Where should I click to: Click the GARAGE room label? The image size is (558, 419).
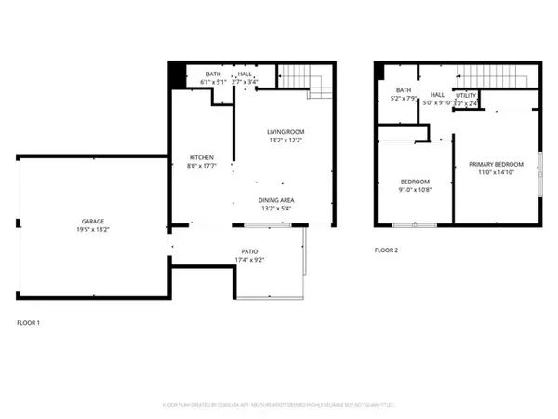tap(91, 222)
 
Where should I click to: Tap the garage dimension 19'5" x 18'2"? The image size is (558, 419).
tap(91, 230)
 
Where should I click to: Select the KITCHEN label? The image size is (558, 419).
tap(203, 157)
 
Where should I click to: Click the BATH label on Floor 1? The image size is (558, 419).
tap(213, 74)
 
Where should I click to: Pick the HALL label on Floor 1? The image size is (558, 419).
tap(245, 74)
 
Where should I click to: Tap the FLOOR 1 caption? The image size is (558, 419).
tap(29, 323)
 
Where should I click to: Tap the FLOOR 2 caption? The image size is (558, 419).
tap(386, 250)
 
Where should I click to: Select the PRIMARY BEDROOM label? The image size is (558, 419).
tap(496, 164)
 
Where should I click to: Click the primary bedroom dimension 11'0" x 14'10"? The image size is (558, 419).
tap(496, 172)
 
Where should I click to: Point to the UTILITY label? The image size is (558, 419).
tap(466, 95)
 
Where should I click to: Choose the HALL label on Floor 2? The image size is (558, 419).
tap(437, 95)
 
